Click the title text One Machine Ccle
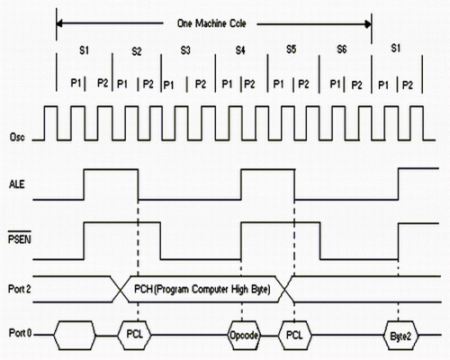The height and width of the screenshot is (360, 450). tap(211, 23)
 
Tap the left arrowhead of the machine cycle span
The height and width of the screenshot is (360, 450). tap(59, 23)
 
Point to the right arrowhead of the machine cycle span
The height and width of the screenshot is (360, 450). tap(368, 24)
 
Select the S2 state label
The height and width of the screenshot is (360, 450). tap(137, 51)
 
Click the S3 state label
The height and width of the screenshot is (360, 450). tap(185, 50)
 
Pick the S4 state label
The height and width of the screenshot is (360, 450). tap(240, 50)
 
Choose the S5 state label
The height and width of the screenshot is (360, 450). tap(292, 49)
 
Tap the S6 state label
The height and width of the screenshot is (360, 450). tap(342, 49)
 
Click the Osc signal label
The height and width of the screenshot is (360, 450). tap(17, 138)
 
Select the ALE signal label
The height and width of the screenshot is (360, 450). tap(17, 184)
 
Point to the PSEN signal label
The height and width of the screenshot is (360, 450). tap(20, 239)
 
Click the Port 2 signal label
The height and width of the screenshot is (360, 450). tap(19, 289)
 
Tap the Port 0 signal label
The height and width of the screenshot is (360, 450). tap(20, 333)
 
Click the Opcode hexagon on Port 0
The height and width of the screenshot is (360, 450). tap(244, 335)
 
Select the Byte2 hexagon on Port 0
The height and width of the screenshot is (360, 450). tap(400, 336)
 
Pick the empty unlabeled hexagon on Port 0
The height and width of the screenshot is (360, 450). tap(75, 335)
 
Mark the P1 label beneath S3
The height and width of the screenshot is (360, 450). tap(168, 85)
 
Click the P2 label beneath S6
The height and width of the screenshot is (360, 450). tap(356, 85)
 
